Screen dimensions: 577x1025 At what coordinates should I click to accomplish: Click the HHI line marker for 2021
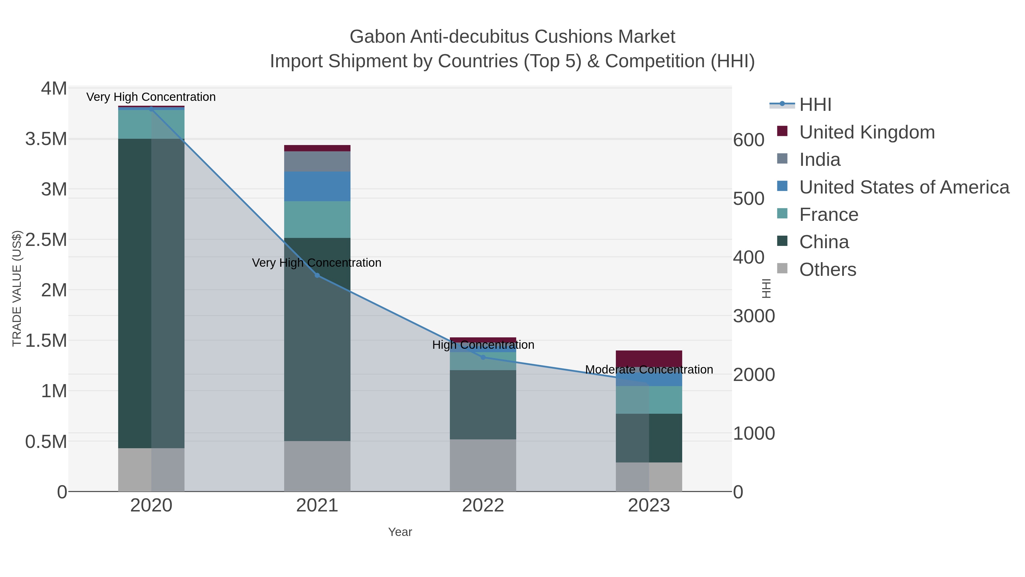tap(317, 275)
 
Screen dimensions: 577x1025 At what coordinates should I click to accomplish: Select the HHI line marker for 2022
tap(483, 357)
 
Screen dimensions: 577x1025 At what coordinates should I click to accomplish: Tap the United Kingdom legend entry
tap(867, 132)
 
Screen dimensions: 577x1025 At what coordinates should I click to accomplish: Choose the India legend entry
tap(820, 160)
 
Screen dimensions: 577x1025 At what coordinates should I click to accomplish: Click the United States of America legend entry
tap(904, 187)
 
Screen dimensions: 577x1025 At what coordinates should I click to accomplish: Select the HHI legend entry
tap(815, 105)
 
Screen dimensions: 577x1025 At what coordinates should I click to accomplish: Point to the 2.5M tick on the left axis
tap(46, 240)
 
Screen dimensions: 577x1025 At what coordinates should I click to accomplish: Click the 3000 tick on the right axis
tap(754, 316)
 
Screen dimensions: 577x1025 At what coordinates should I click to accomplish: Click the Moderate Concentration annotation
tap(649, 370)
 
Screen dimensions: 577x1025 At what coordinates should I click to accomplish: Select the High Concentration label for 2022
tap(483, 345)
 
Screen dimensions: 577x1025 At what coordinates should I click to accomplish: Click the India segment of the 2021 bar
tap(317, 161)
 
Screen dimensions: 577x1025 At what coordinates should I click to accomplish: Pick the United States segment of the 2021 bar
tap(317, 186)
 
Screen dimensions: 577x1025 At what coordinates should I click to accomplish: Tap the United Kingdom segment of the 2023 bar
tap(649, 358)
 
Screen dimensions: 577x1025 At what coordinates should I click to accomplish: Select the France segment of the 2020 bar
tap(151, 124)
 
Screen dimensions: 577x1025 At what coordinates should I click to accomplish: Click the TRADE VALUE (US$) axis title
tap(17, 288)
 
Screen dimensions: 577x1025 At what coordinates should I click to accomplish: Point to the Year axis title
tap(400, 532)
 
